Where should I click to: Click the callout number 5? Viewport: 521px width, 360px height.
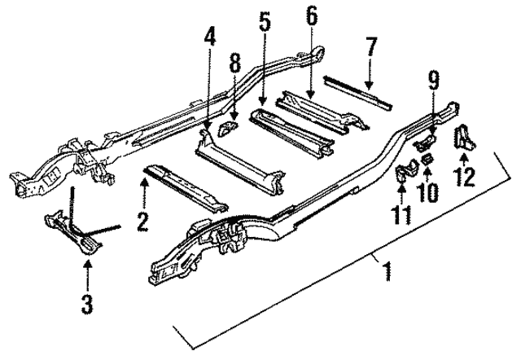[265, 24]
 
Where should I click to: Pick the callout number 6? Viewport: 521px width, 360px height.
[313, 15]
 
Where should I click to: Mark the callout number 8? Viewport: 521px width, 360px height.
[234, 64]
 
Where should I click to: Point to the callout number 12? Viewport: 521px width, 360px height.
[466, 175]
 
